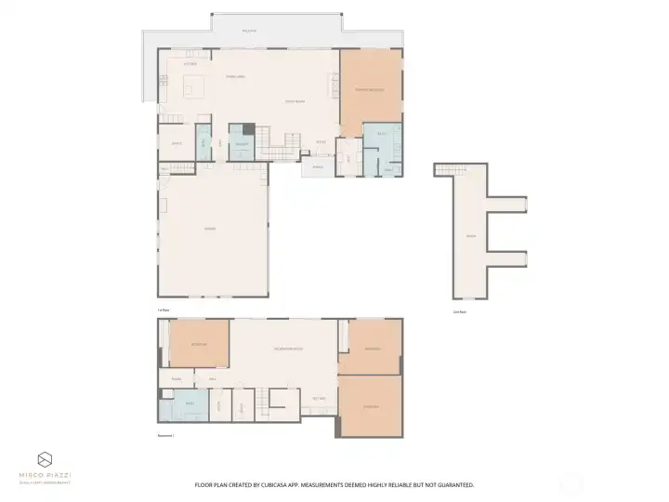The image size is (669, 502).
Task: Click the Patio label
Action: [x=248, y=31]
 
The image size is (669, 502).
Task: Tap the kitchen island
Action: [x=193, y=88]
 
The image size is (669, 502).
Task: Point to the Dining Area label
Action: [x=235, y=76]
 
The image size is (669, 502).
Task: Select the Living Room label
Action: [x=295, y=101]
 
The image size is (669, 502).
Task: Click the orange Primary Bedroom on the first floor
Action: [x=370, y=89]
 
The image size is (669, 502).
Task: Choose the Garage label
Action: [x=210, y=229]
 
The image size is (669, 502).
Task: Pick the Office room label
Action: [x=177, y=143]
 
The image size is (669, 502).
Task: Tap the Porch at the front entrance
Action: [x=317, y=167]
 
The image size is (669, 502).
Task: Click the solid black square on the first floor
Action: [x=249, y=128]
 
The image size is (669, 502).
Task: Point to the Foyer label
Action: [x=321, y=142]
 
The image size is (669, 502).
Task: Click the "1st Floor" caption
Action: [x=164, y=310]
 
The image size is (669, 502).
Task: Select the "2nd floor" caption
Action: [x=459, y=311]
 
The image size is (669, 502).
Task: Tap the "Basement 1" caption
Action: [x=166, y=434]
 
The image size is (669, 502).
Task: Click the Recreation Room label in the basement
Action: [x=289, y=349]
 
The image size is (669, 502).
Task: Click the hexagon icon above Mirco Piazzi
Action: [x=46, y=459]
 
